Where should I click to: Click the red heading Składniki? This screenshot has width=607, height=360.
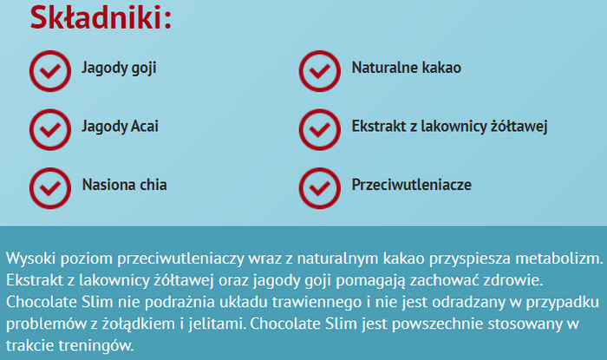tap(101, 17)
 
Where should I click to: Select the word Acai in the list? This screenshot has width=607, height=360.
tap(145, 126)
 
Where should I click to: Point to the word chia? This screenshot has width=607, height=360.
tap(153, 185)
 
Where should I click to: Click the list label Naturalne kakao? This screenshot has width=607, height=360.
tap(407, 68)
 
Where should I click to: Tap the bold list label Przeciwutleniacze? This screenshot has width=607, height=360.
tap(412, 185)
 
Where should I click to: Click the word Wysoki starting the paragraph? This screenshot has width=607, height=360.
tap(32, 259)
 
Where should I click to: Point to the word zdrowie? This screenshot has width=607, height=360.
tap(519, 280)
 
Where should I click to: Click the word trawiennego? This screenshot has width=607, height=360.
tap(317, 302)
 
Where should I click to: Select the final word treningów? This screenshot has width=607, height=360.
tap(96, 345)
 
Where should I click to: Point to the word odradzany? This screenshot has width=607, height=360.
tap(468, 302)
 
